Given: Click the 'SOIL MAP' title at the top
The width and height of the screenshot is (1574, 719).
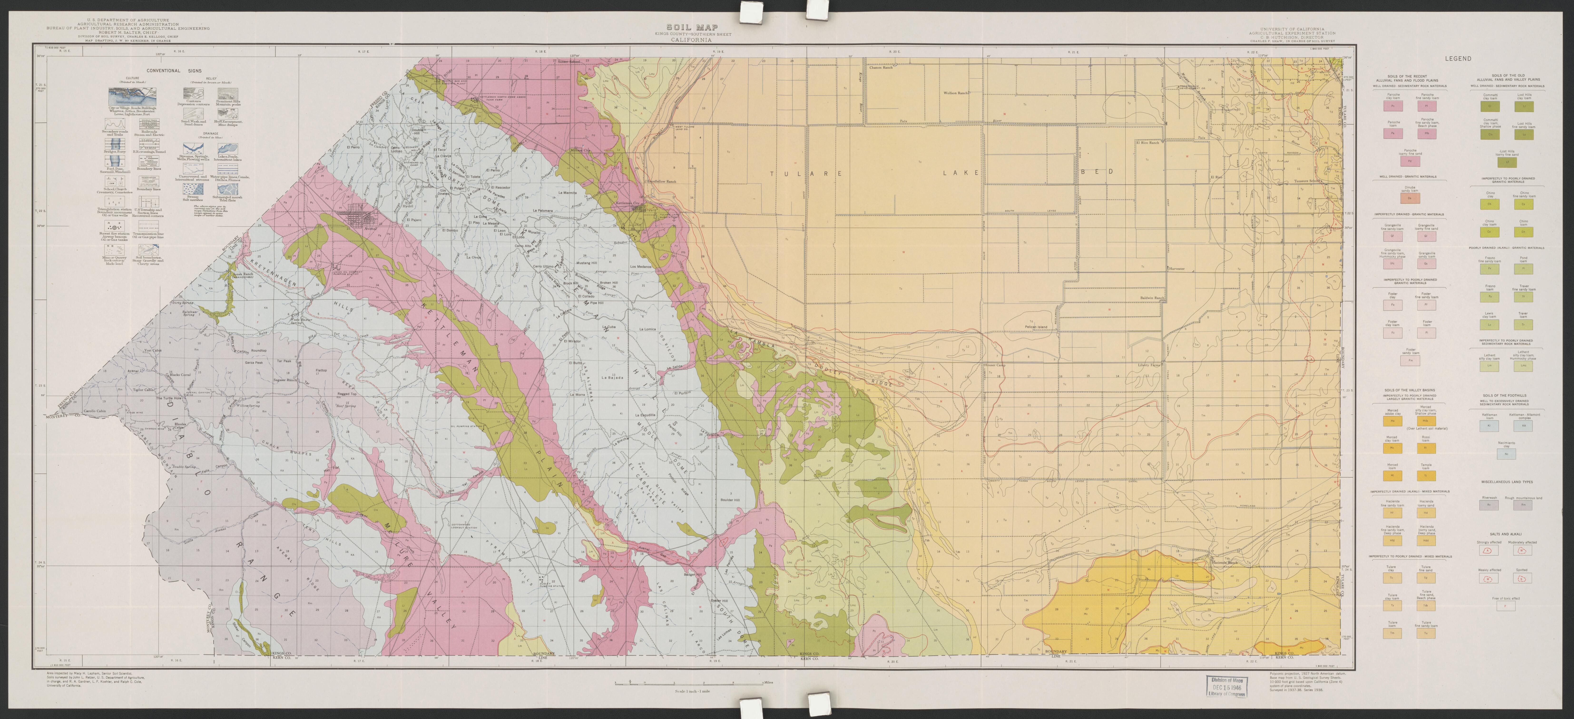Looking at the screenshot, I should coord(684,28).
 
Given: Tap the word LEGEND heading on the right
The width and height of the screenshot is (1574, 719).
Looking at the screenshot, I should coord(1458,59).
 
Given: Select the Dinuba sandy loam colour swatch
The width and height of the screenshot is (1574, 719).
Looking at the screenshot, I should coord(1405,198).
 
